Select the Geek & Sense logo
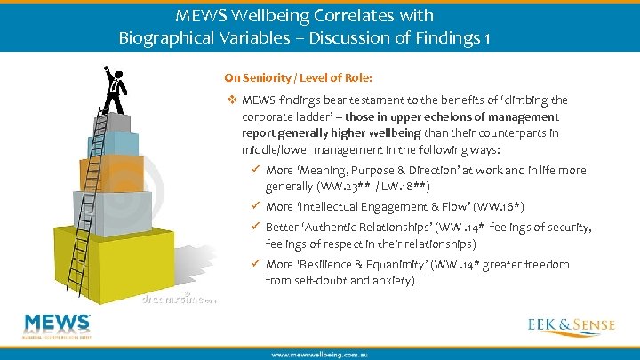(x=572, y=325)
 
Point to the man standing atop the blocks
(x=114, y=89)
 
